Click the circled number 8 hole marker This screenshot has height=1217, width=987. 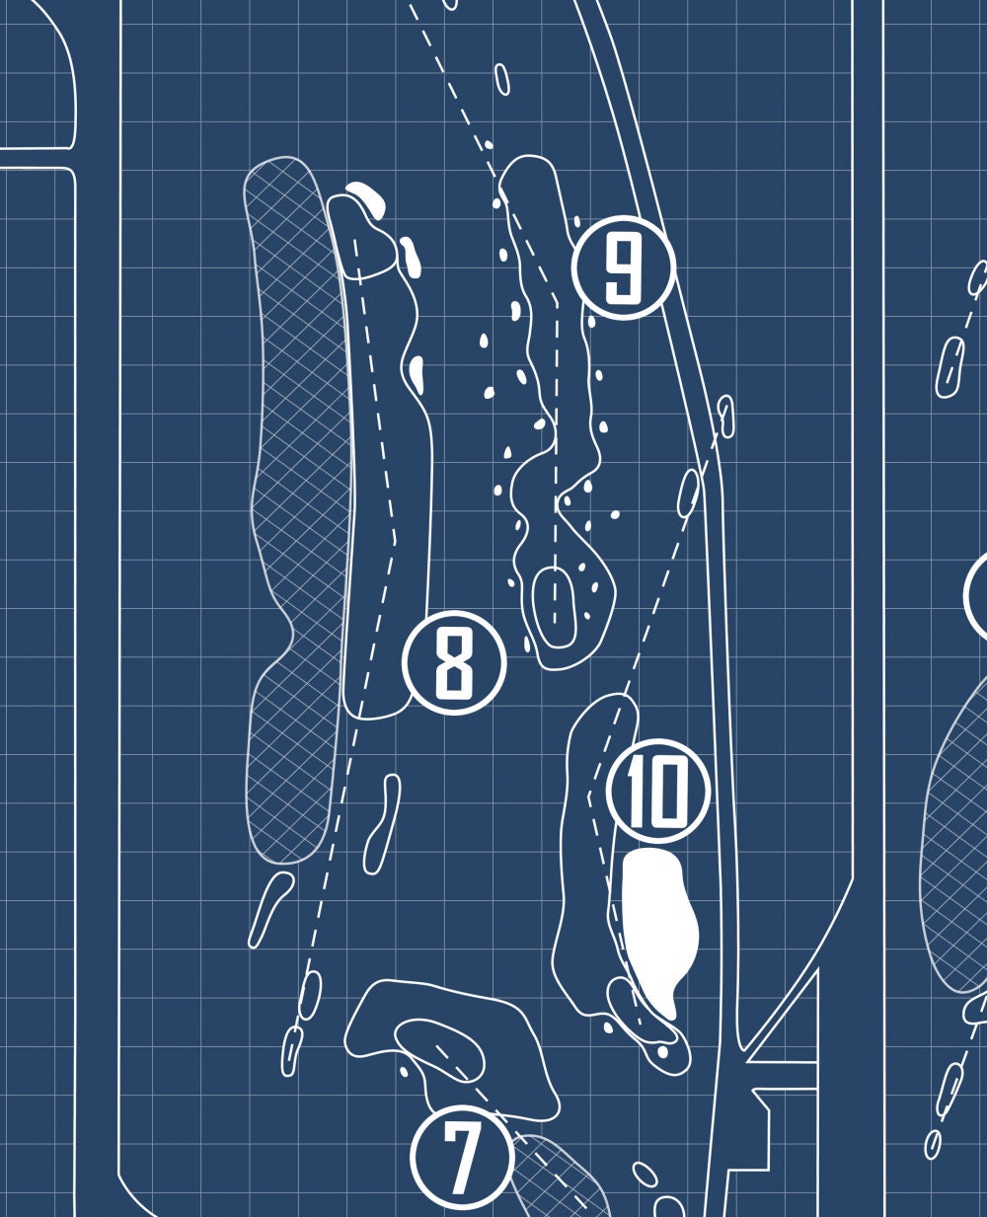pyautogui.click(x=454, y=662)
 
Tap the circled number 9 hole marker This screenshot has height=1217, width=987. pyautogui.click(x=624, y=266)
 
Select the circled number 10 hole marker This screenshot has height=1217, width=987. pyautogui.click(x=657, y=791)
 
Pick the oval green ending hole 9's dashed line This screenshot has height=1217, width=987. pyautogui.click(x=554, y=608)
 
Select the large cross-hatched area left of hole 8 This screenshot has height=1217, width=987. pyautogui.click(x=297, y=508)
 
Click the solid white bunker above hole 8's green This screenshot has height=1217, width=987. pyautogui.click(x=367, y=200)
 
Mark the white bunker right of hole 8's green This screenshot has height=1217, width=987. pyautogui.click(x=410, y=257)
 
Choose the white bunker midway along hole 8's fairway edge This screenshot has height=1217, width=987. pyautogui.click(x=417, y=374)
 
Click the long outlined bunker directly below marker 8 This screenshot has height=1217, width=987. pyautogui.click(x=382, y=824)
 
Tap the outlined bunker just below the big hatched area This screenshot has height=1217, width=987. pyautogui.click(x=270, y=910)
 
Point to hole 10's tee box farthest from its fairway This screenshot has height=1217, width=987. pyautogui.click(x=725, y=417)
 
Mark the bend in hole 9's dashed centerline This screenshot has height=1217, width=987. pyautogui.click(x=556, y=302)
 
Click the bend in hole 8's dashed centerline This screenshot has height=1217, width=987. pyautogui.click(x=395, y=540)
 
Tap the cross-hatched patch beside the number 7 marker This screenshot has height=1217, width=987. pyautogui.click(x=557, y=1172)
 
